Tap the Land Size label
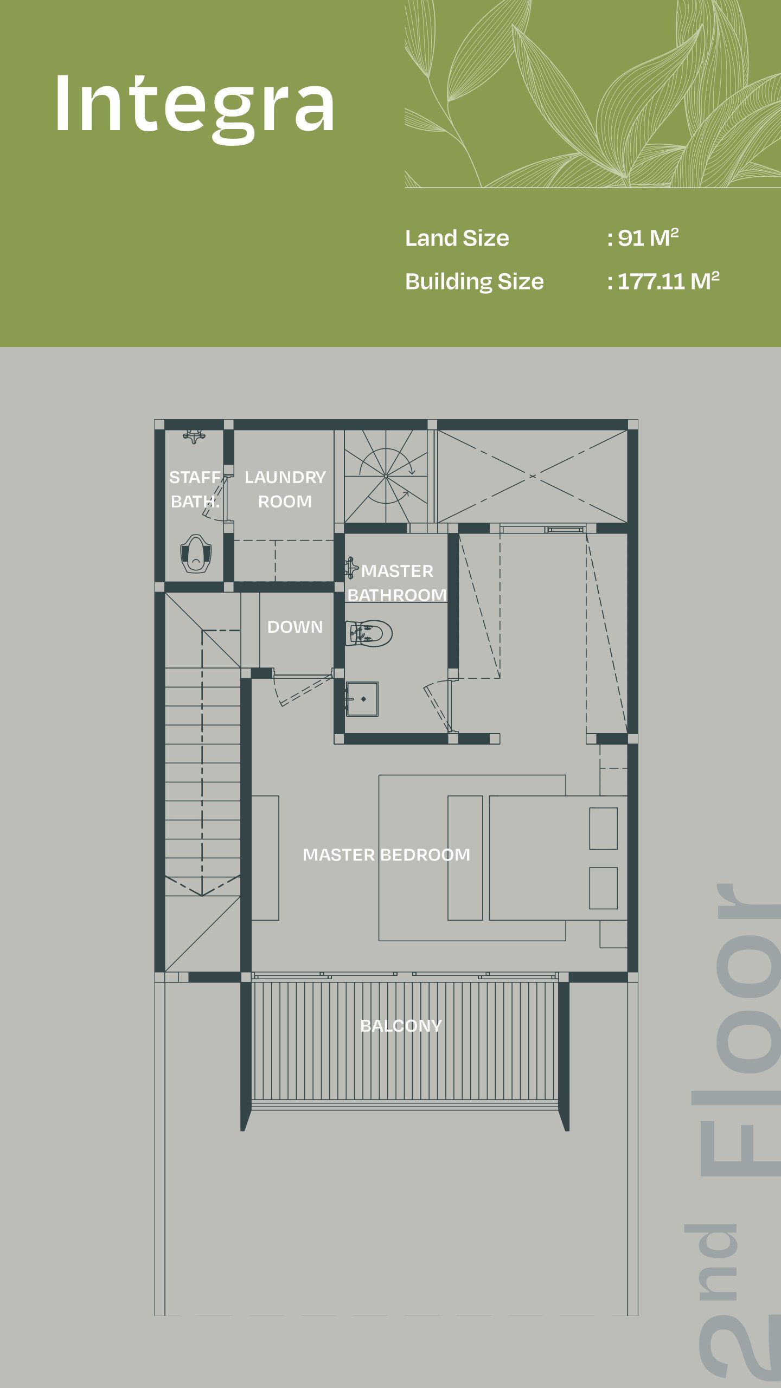click(457, 238)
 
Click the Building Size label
click(474, 281)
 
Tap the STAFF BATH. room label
click(195, 489)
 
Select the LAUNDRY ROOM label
click(285, 489)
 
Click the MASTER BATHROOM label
click(396, 583)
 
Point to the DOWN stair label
click(295, 627)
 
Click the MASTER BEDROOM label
click(386, 854)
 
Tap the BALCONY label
click(401, 1025)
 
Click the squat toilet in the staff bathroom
click(195, 554)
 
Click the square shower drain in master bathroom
click(363, 699)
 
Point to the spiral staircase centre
click(386, 476)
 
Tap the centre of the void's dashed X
click(533, 476)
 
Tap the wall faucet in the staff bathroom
click(194, 436)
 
